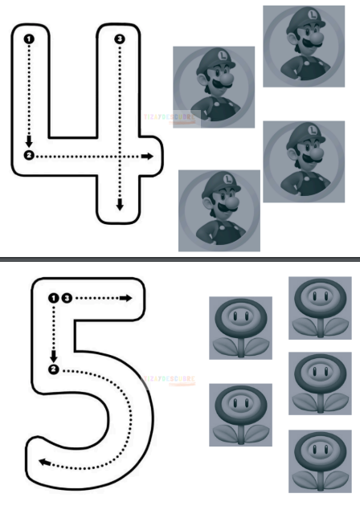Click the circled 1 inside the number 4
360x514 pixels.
29,39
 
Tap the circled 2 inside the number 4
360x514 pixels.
29,155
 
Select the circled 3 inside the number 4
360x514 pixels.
120,39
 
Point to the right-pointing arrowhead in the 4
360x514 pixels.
148,156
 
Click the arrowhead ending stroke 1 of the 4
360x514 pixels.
29,142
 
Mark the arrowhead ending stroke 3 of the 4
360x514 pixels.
120,206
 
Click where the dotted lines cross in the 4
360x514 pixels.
120,156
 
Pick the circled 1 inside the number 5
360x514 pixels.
54,298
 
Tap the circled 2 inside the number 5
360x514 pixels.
54,369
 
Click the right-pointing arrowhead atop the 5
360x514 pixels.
126,298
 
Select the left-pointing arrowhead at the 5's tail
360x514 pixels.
43,463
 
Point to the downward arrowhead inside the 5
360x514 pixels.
54,357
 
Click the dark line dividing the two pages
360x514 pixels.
180,259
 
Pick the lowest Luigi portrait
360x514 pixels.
219,210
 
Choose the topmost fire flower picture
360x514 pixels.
320,308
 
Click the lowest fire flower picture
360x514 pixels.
320,461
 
